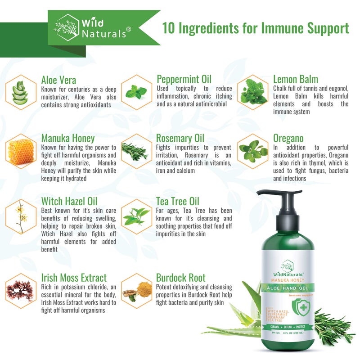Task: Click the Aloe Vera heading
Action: [58, 80]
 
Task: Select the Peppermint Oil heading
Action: [184, 80]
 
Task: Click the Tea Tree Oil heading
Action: [177, 201]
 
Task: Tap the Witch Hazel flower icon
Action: [20, 216]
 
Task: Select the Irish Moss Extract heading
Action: [74, 278]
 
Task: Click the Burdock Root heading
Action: [180, 278]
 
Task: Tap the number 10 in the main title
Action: [168, 28]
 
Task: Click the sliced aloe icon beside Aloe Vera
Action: [20, 92]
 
